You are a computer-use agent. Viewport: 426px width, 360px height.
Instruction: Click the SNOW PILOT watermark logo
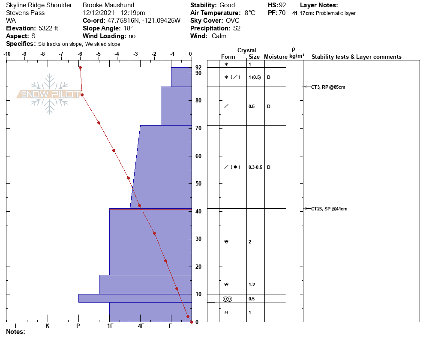50,94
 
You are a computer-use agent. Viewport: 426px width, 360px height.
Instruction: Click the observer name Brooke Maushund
108,5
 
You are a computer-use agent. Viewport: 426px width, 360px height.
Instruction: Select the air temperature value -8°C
247,13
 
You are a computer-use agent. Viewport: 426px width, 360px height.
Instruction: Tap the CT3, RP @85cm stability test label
328,87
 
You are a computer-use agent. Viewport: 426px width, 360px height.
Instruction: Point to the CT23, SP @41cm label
329,209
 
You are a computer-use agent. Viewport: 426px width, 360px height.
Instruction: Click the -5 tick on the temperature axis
99,54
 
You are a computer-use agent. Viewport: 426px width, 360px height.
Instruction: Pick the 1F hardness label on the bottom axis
110,326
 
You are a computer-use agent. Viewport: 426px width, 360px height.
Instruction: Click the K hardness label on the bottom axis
48,326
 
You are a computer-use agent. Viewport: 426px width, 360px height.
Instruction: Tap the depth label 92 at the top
198,67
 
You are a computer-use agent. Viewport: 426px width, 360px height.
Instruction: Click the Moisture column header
275,57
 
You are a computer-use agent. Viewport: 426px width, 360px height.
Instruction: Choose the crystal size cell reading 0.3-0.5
256,167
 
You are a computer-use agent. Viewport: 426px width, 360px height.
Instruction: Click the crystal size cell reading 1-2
252,285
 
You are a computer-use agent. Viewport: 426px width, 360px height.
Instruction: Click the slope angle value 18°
128,28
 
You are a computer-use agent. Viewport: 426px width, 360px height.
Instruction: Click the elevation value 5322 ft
48,28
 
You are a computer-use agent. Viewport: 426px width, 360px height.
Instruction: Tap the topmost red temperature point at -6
80,68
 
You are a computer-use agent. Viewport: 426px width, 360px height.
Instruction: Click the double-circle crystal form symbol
227,299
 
